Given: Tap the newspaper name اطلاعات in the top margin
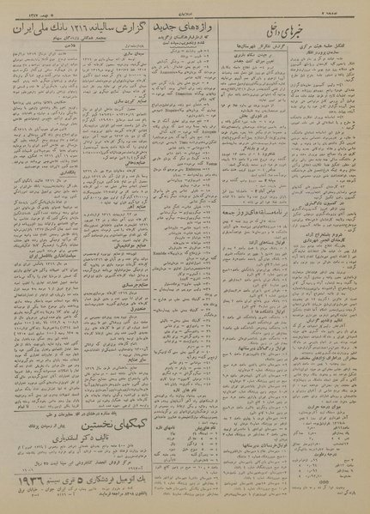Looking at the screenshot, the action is (184, 11).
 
